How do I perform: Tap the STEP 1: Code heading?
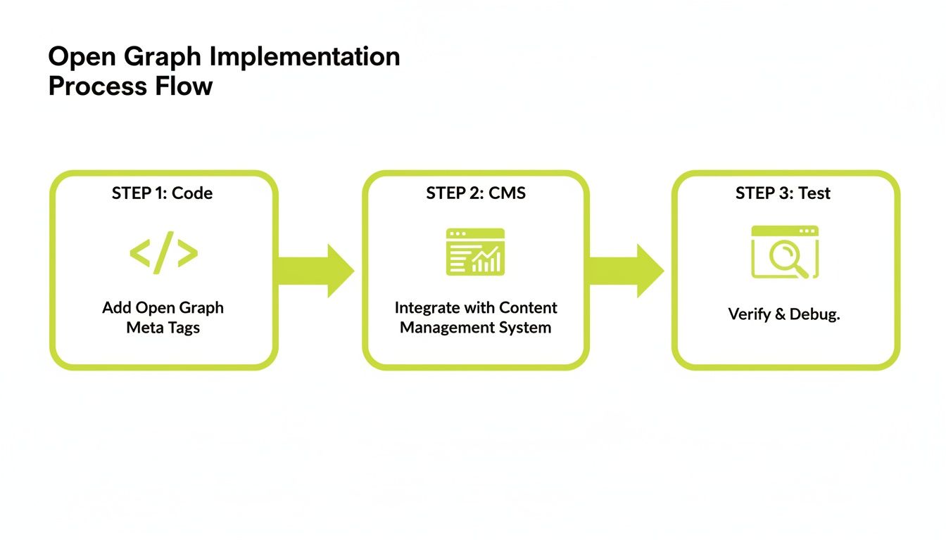(x=162, y=193)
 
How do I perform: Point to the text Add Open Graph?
(x=163, y=308)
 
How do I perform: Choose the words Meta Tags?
(x=163, y=328)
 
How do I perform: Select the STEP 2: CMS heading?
(x=475, y=193)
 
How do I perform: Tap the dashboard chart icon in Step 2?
(x=475, y=252)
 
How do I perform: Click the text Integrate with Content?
(x=475, y=308)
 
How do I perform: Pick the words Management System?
(x=475, y=328)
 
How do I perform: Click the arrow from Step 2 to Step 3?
(x=626, y=271)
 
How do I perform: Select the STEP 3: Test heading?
(x=783, y=193)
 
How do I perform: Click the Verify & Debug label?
(x=783, y=314)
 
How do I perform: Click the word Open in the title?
(x=77, y=57)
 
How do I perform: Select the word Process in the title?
(x=96, y=86)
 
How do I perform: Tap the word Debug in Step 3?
(x=814, y=314)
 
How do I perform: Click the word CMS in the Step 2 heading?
(x=507, y=193)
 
